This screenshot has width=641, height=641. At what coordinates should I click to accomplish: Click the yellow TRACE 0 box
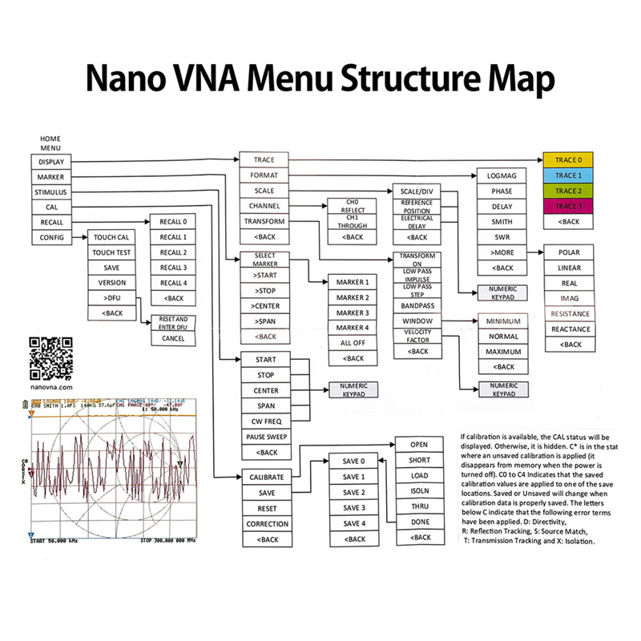click(568, 159)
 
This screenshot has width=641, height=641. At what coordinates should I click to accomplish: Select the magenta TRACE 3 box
click(568, 206)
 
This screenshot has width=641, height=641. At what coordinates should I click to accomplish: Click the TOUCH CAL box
click(112, 237)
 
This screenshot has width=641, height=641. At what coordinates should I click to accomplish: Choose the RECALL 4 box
click(173, 283)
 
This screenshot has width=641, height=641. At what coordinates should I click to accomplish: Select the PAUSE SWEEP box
click(265, 437)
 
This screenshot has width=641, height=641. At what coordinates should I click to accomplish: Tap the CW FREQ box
click(265, 421)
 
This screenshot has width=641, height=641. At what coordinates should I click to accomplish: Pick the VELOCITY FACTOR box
click(417, 337)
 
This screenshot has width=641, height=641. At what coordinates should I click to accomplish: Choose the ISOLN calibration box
click(418, 491)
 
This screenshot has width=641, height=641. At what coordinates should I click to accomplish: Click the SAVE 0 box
click(353, 462)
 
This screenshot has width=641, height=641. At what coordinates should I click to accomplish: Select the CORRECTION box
click(265, 523)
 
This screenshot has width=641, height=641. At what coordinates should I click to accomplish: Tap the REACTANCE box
click(570, 329)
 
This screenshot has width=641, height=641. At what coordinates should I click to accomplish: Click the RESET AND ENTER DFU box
click(173, 322)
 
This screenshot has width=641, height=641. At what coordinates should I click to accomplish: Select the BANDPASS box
click(417, 305)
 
